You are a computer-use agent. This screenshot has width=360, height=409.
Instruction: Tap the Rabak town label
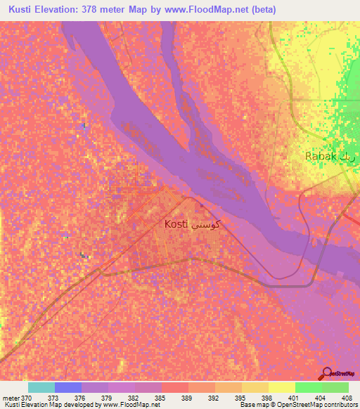coord(321,156)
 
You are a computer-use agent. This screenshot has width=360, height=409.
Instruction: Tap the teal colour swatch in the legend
coord(41,387)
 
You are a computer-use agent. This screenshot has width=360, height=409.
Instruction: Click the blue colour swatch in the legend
coord(68,387)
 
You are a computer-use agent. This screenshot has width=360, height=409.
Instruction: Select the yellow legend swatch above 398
coord(255,387)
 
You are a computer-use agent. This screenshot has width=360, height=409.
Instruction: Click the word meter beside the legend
coord(11,398)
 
